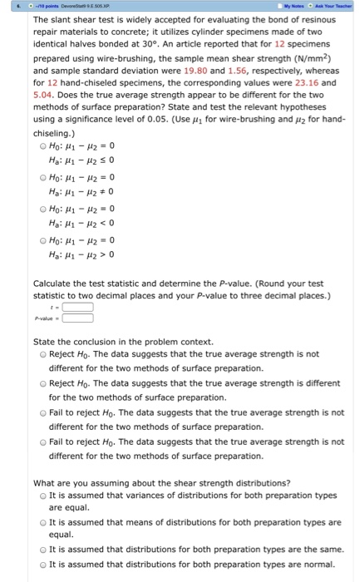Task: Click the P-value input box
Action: pos(76,316)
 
